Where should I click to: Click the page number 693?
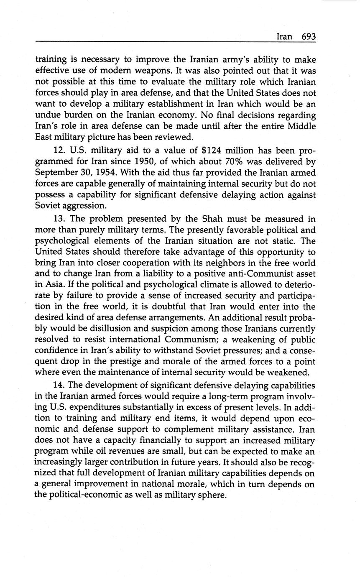[308, 36]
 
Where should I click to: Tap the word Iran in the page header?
[284, 36]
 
